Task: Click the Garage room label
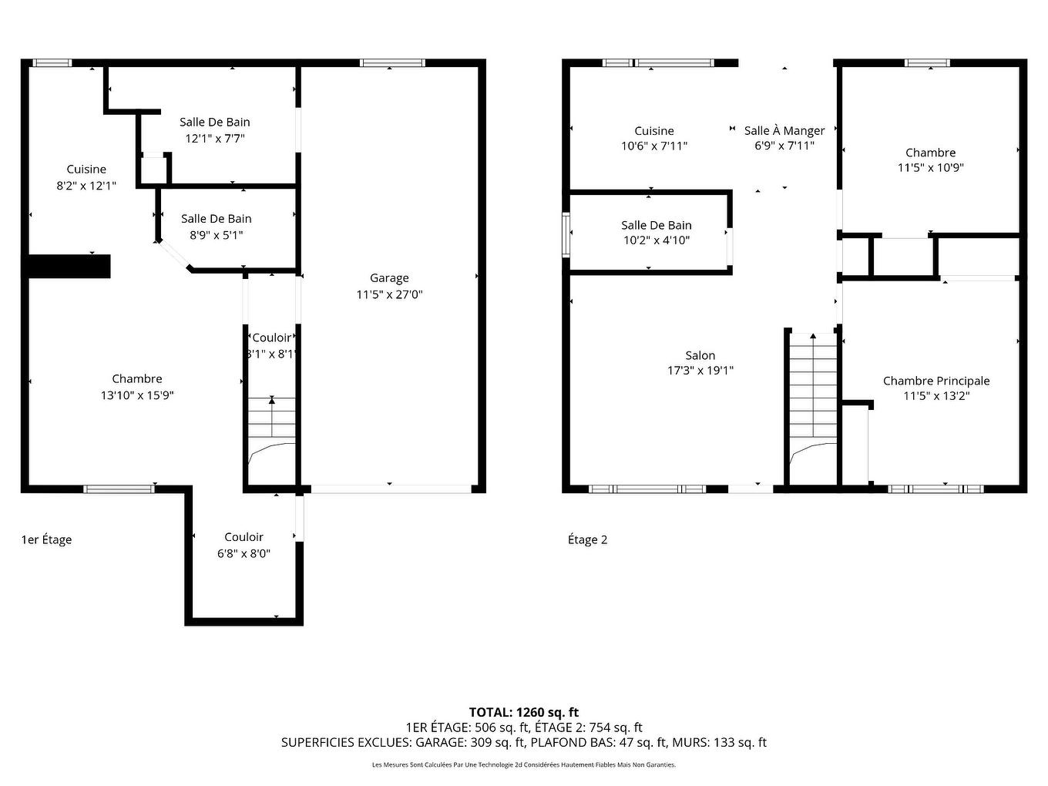(389, 278)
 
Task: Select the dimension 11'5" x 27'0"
(389, 294)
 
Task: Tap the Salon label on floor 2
(700, 355)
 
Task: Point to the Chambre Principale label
(936, 381)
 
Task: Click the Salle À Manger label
(784, 131)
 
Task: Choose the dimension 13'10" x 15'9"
(137, 395)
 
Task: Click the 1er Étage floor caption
(46, 539)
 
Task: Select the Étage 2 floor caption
(587, 539)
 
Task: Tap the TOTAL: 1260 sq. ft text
(524, 712)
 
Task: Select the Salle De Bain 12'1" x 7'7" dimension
(215, 139)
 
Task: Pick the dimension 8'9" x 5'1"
(217, 235)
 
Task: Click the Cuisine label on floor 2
(654, 131)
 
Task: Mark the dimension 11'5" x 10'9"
(931, 168)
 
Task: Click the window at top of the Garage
(392, 63)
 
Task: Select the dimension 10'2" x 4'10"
(656, 240)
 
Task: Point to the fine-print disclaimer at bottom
(524, 765)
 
